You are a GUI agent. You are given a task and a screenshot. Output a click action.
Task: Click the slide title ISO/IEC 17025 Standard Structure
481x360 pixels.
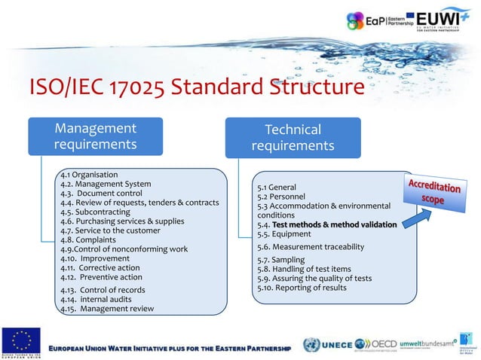click(195, 89)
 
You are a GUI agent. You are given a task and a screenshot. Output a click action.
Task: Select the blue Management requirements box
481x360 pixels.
click(95, 136)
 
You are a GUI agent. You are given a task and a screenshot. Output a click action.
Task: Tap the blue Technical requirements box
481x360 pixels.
click(293, 137)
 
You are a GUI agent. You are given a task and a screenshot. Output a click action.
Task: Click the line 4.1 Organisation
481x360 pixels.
click(89, 174)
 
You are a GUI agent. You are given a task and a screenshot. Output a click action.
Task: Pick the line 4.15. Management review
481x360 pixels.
click(107, 309)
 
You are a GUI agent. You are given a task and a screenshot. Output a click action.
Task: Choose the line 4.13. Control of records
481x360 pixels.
click(103, 289)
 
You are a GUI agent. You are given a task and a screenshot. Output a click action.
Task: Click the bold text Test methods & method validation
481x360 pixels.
click(334, 224)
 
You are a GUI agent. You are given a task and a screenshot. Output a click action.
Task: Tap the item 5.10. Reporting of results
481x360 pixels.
click(302, 288)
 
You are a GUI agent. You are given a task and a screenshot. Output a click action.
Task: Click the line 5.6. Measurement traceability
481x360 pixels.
click(310, 246)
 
